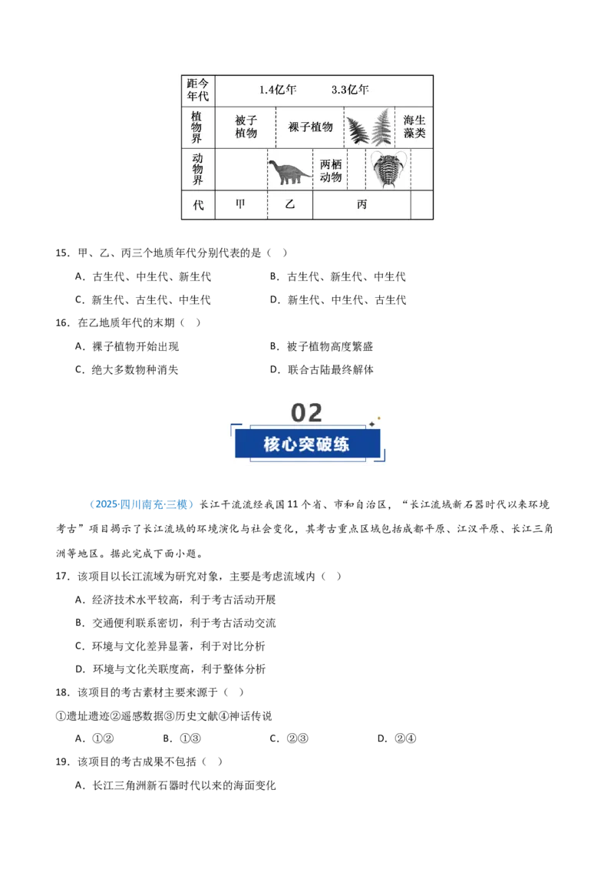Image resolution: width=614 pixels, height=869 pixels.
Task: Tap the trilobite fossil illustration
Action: pos(388,169)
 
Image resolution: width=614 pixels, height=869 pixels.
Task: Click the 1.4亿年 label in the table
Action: pos(278,90)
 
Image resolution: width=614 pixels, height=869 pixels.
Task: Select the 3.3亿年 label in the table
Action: pos(350,90)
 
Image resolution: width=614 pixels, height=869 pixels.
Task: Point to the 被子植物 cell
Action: pos(246,127)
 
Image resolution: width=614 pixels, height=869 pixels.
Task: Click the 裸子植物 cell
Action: pos(310,127)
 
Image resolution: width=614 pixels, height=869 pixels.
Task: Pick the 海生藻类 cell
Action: pos(414,127)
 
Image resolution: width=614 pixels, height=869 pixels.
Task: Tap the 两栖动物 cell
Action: pos(331,170)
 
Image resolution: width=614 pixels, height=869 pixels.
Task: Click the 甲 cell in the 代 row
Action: pos(240,204)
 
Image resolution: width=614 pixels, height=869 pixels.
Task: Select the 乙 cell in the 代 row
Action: pos(290,204)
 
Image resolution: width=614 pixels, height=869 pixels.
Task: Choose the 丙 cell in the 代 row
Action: pos(361,204)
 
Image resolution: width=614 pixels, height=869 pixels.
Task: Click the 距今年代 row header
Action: pos(198,90)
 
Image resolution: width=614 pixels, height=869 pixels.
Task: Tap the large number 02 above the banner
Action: pos(306,413)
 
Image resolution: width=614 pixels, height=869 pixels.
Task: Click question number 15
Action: pos(62,253)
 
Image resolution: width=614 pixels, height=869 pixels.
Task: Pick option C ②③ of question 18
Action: pos(289,738)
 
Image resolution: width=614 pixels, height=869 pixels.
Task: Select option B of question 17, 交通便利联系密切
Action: pos(176,623)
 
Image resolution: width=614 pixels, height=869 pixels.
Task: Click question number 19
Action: pos(62,762)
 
